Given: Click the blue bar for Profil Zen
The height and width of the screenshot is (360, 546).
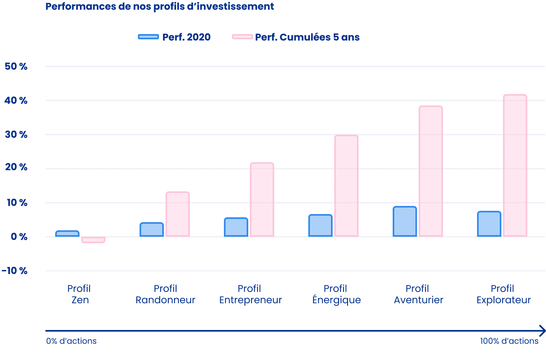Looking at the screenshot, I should coord(68,234).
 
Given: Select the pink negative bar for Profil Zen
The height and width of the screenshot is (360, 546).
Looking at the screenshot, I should coord(94,240).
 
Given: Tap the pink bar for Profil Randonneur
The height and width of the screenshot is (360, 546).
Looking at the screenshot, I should coord(178,214).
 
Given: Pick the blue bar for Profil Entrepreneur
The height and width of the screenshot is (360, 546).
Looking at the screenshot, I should coord(236,227).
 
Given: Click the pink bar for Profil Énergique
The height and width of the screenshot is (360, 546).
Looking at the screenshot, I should coord(345,186).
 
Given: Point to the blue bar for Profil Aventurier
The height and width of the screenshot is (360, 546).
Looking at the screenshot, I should coord(404,221).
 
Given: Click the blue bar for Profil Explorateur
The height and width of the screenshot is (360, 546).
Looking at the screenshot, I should coord(489,224).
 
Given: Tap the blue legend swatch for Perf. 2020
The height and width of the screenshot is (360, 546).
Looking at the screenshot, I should coord(148,37).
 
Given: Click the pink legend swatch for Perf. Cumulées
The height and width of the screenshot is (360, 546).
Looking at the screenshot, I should coord(241,37).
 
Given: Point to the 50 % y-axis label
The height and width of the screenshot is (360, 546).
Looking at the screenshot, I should coord(16,67).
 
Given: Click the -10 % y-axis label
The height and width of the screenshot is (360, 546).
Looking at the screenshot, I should coord(16,271).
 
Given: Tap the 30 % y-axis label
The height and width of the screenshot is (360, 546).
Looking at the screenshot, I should coord(16,135).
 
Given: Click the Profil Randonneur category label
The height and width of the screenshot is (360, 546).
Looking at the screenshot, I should coord(166,294).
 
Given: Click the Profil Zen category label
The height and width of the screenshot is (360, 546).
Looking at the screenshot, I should coord(78,294).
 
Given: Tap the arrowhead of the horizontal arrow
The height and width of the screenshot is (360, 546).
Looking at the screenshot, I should coord(541,329).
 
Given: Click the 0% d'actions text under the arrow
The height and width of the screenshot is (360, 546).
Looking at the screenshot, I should coord(71,341).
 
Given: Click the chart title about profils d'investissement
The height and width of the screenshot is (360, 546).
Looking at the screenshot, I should coord(160,6).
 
